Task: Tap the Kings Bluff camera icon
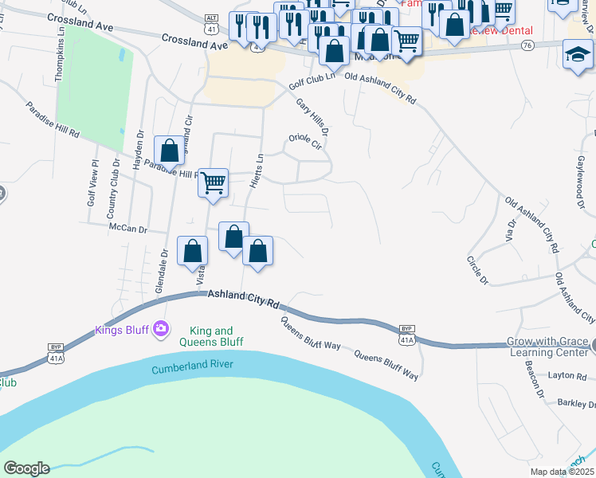tap(162, 327)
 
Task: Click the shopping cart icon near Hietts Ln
tap(213, 182)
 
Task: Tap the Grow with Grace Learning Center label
tap(548, 347)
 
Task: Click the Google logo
tap(26, 468)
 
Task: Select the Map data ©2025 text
tap(563, 472)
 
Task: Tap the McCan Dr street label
tap(130, 229)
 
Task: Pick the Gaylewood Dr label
tap(578, 176)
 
